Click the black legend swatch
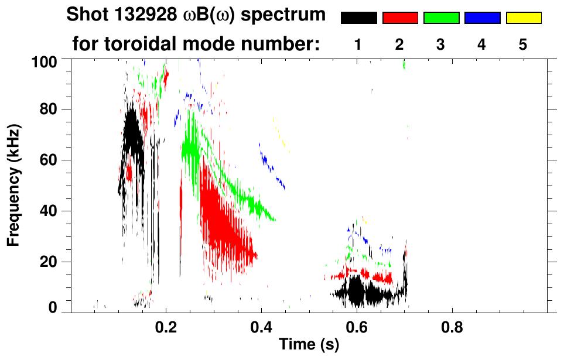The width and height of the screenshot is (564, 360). tap(358, 18)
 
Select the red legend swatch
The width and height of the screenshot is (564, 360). tap(400, 18)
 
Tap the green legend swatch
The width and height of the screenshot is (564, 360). tap(441, 18)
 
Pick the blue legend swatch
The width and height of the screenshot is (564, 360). tap(482, 18)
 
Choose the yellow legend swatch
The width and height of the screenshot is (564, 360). tap(524, 18)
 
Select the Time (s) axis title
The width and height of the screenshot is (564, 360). tap(308, 345)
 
